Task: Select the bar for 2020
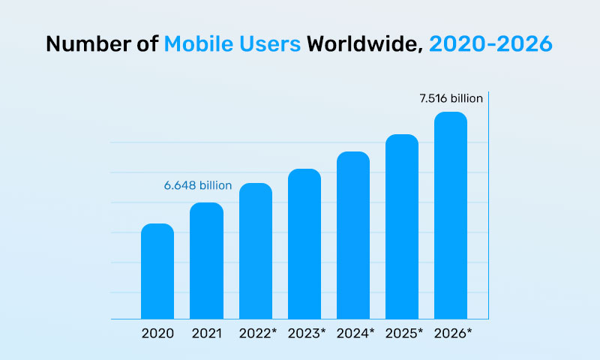tap(157, 271)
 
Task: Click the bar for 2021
tap(206, 261)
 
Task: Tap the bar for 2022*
tap(256, 251)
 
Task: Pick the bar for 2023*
tap(304, 244)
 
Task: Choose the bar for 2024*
tap(353, 235)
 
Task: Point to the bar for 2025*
tap(402, 227)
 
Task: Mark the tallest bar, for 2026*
tap(451, 216)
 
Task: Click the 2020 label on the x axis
tap(157, 332)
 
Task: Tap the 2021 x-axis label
tap(206, 332)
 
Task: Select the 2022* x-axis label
tap(258, 332)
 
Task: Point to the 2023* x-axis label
tap(307, 332)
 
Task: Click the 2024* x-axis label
tap(355, 332)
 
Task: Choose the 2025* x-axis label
tap(404, 332)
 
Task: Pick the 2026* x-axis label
tap(453, 332)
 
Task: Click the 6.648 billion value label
tap(198, 184)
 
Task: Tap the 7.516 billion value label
tap(450, 98)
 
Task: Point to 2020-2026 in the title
tap(491, 44)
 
